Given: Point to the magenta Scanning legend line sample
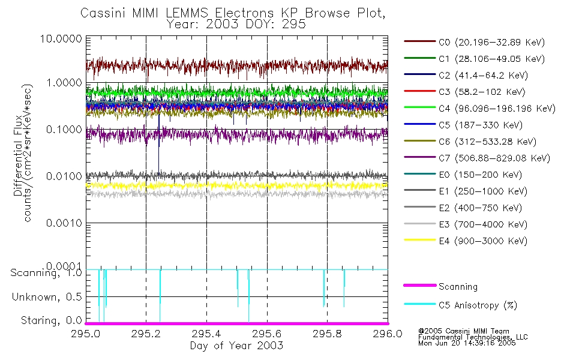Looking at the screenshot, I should (x=419, y=287).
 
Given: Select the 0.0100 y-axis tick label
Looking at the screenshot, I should (x=67, y=176).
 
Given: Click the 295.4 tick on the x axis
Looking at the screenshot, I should (x=207, y=334).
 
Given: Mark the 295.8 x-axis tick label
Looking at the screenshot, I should (x=327, y=334).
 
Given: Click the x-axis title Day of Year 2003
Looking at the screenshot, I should (x=236, y=346).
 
